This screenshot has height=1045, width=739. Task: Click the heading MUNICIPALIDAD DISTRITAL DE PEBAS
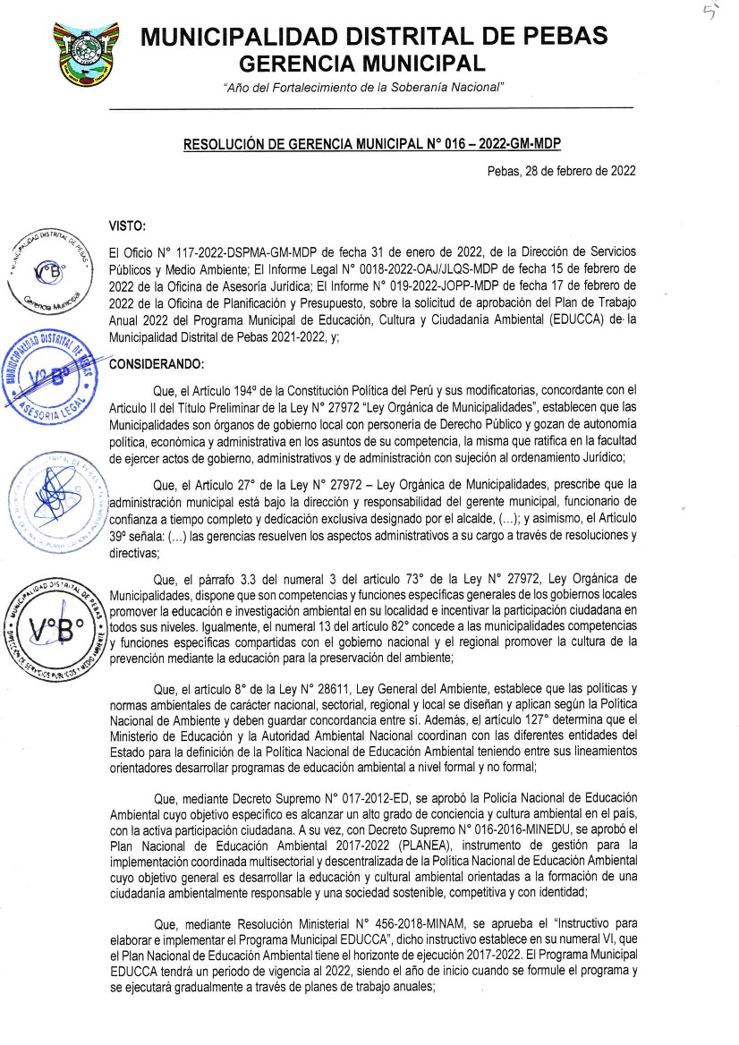(374, 37)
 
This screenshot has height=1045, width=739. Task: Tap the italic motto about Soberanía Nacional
(363, 87)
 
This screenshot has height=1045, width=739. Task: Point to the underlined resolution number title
(371, 143)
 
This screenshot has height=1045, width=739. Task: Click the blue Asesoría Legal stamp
(54, 373)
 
